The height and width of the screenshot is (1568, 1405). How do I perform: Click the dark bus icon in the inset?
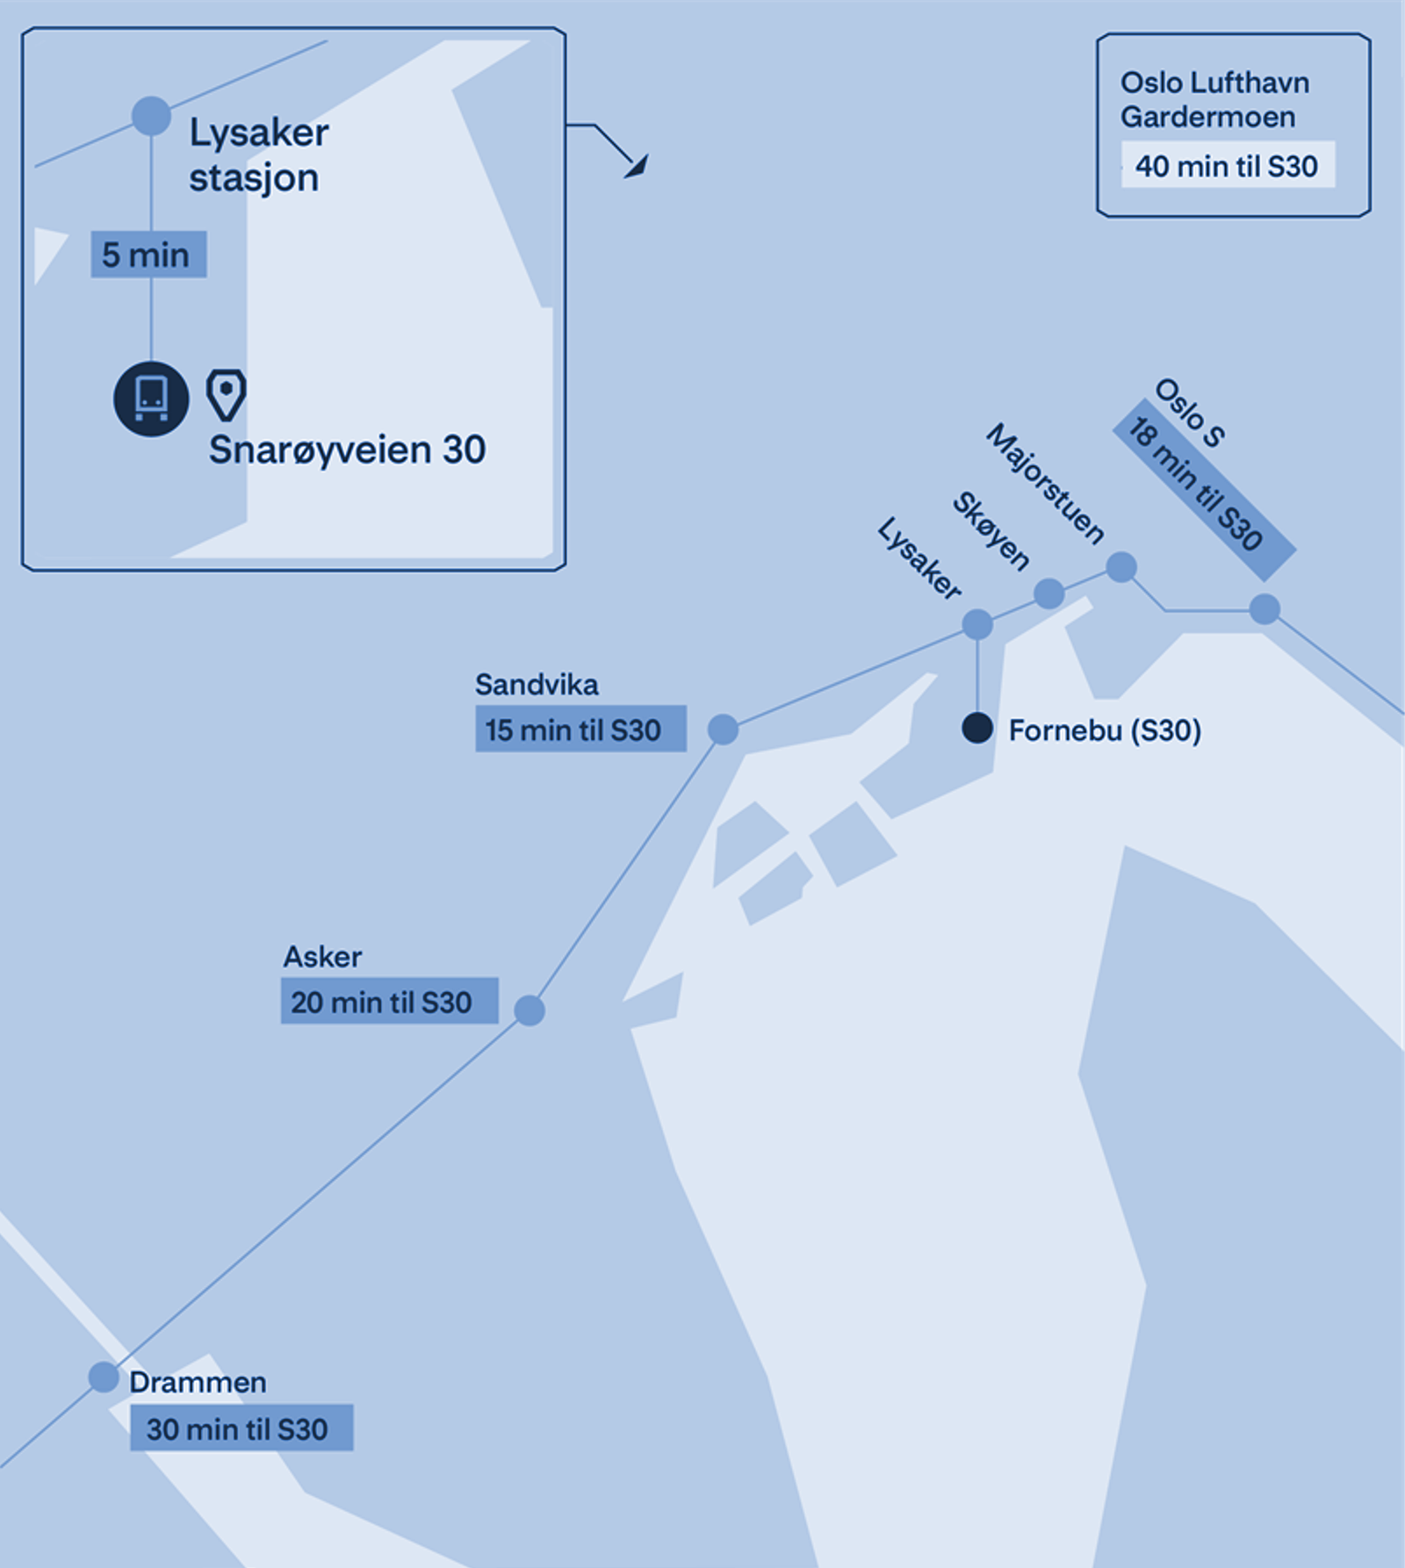151,399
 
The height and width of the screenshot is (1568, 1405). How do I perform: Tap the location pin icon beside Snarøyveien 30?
226,395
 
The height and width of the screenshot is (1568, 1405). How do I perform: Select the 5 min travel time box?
148,255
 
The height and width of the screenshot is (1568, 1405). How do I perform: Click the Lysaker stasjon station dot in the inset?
151,116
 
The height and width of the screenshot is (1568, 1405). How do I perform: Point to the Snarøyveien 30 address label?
347,450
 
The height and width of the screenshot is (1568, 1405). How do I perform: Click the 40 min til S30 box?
1227,165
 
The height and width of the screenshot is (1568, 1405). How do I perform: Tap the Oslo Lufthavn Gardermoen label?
1214,99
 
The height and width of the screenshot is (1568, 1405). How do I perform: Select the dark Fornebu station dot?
977,728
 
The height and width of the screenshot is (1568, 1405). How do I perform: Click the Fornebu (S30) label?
1105,730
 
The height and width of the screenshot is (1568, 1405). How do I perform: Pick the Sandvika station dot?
723,729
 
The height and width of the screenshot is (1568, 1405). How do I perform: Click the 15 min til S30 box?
580,729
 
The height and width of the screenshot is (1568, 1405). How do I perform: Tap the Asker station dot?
529,1011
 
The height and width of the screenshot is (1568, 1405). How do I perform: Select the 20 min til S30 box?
389,1001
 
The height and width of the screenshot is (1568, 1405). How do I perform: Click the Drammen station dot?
104,1377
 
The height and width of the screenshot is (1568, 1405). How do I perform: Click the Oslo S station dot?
1264,608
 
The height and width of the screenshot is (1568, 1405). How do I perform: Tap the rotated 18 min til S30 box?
1204,490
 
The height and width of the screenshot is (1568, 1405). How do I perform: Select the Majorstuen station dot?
1120,567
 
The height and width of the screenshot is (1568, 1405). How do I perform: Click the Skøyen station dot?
1048,594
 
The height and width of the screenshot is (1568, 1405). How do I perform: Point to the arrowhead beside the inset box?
638,167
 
